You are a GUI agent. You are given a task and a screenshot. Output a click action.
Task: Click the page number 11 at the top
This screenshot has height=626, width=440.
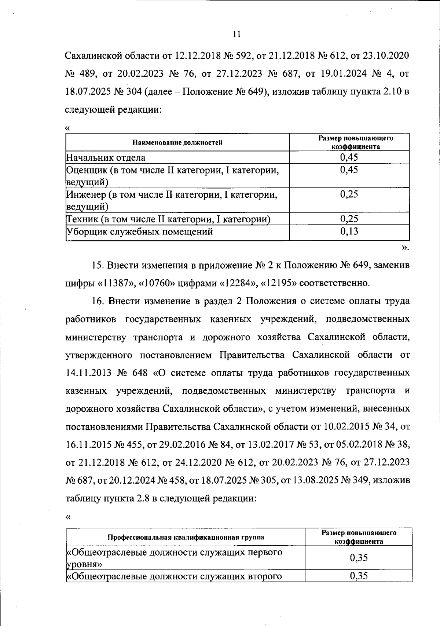(236, 34)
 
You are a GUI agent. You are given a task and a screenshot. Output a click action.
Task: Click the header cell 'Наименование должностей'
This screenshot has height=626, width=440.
(177, 142)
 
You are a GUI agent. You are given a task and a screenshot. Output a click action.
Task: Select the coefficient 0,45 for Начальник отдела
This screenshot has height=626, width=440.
(349, 157)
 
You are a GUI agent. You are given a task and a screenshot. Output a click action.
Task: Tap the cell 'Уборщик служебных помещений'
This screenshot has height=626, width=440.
(140, 232)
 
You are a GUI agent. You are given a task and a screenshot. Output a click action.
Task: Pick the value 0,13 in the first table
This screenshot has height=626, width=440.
(349, 231)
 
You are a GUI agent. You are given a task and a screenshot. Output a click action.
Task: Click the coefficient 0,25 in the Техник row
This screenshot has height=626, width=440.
(349, 219)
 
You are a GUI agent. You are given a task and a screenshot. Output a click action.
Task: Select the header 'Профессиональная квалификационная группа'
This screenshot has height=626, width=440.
(186, 537)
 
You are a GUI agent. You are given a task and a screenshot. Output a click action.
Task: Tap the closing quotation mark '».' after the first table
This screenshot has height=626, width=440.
(405, 248)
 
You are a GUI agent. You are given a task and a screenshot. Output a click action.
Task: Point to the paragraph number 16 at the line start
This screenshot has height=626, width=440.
(96, 301)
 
